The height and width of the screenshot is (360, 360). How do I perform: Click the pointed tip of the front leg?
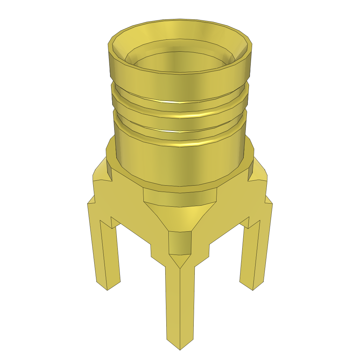tap(180, 348)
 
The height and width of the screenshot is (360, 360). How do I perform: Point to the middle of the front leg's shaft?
tap(180, 302)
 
